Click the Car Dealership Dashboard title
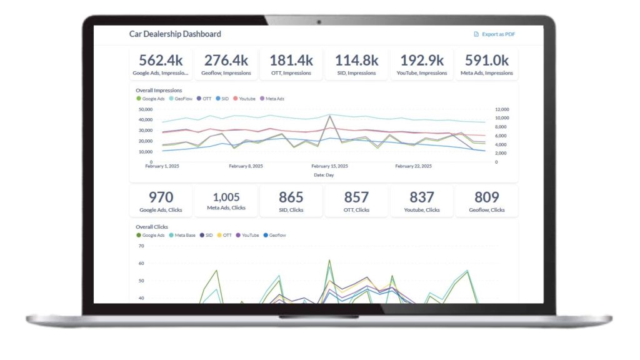tap(175, 34)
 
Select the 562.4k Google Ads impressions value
tap(161, 60)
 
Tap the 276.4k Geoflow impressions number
tap(226, 60)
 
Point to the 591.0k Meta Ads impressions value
tap(486, 60)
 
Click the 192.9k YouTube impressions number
tap(422, 60)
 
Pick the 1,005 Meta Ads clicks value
tap(226, 197)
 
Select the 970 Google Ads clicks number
tap(161, 197)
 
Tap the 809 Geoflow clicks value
tap(486, 197)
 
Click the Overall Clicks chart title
tap(152, 227)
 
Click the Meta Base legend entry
tap(183, 235)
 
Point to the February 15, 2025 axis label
tap(329, 166)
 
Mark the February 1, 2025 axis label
tap(162, 166)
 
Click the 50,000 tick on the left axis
tap(145, 109)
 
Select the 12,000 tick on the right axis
tap(502, 109)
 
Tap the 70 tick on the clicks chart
tap(141, 246)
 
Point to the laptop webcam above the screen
tap(319, 22)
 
